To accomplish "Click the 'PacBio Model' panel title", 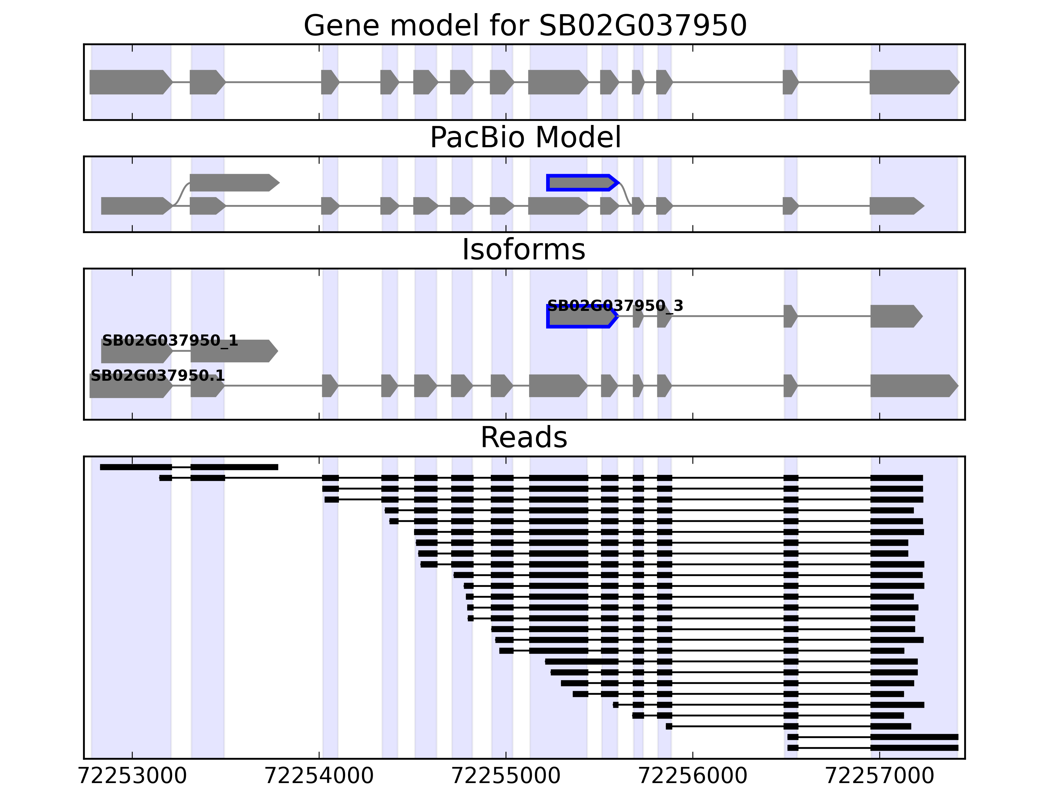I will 524,138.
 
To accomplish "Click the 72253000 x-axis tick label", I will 132,776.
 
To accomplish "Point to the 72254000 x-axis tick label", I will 319,776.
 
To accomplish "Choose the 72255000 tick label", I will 506,776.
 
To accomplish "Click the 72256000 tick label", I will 693,776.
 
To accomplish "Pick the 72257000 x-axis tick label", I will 880,776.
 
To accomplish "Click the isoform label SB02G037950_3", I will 615,306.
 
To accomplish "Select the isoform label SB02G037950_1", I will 170,341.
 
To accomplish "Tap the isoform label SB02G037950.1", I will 157,376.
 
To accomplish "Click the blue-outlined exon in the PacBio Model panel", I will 582,183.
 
